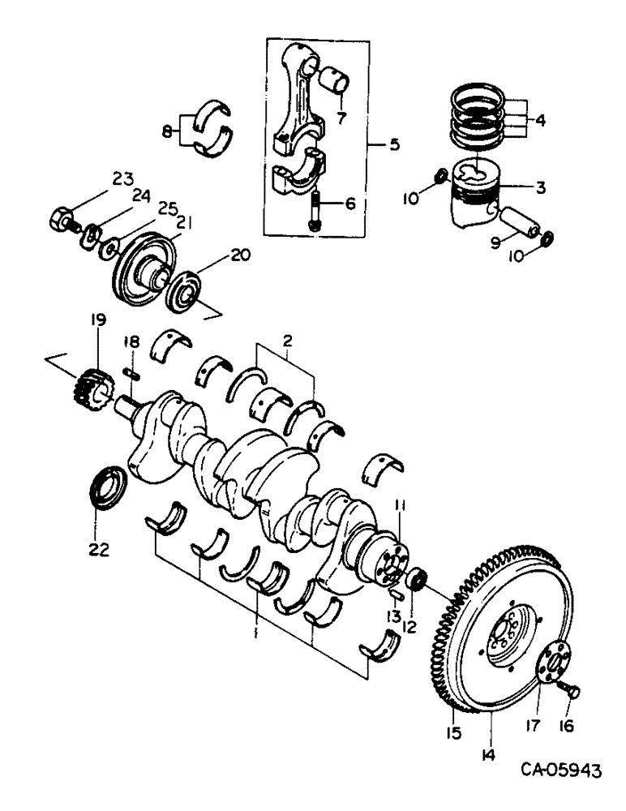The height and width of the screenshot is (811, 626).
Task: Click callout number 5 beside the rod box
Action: [x=394, y=145]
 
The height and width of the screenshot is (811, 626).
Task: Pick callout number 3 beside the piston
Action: [x=539, y=187]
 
